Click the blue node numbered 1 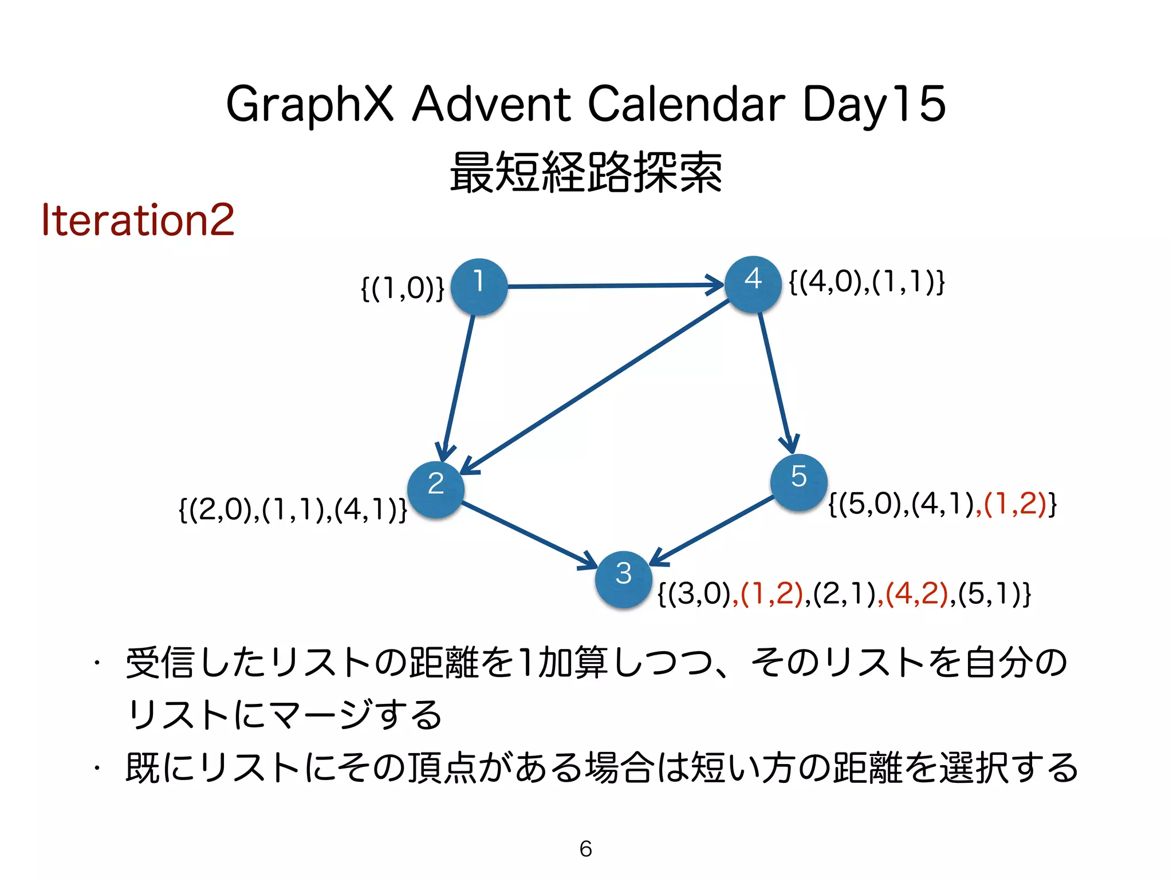[479, 287]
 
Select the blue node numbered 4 [753, 284]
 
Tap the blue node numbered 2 [436, 489]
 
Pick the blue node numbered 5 [798, 482]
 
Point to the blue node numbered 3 [623, 579]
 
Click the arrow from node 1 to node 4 [613, 285]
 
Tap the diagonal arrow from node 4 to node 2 [596, 386]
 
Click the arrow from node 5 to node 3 [713, 529]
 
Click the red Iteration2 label [138, 220]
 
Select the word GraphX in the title [310, 105]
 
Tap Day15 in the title [873, 105]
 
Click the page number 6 [585, 849]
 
